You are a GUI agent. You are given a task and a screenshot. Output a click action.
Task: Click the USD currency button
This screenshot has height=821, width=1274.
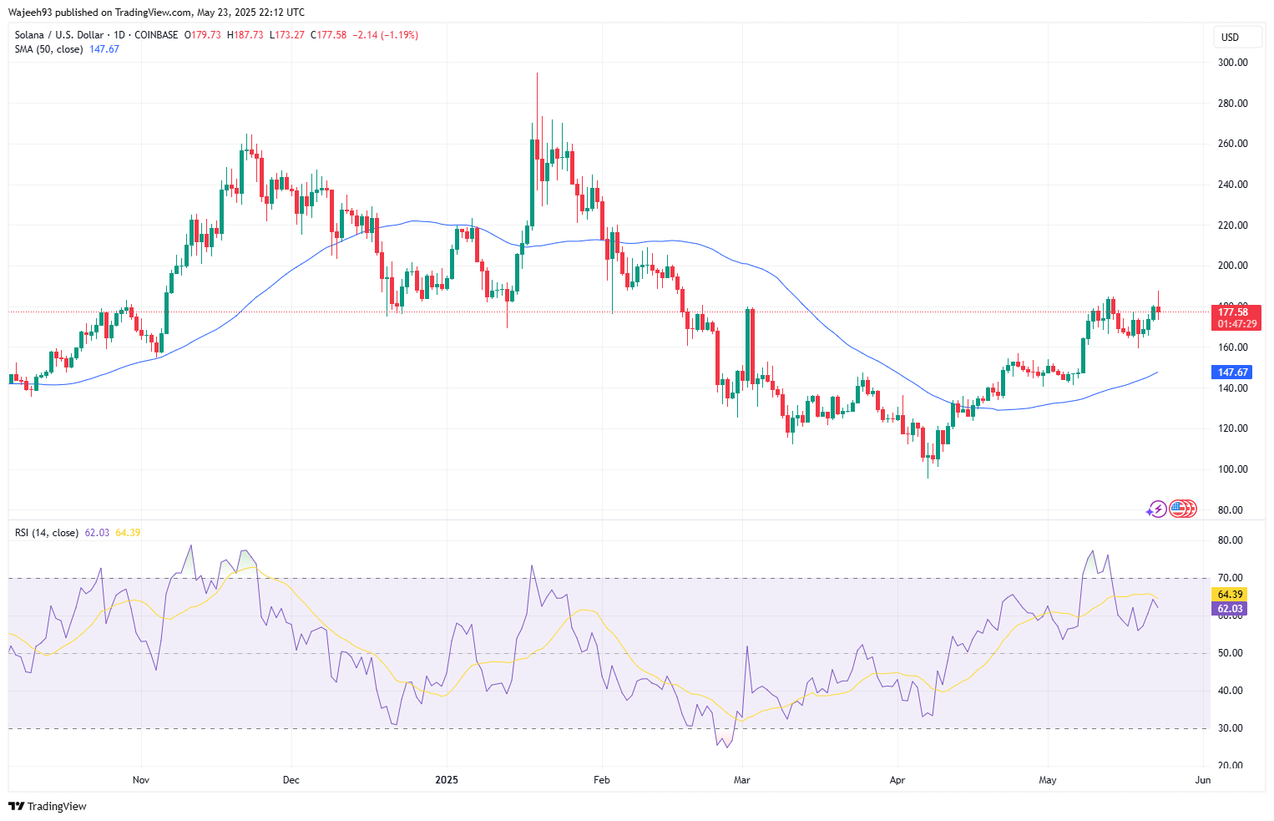click(x=1230, y=37)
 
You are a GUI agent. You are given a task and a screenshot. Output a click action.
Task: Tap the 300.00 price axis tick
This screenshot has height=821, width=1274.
click(x=1233, y=63)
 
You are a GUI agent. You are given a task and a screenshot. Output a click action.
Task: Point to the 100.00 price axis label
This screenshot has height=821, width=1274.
click(x=1233, y=469)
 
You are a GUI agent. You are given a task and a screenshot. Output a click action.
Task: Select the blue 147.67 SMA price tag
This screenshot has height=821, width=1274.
click(x=1232, y=372)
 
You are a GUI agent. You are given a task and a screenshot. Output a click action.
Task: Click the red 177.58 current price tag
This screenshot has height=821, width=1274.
click(x=1233, y=312)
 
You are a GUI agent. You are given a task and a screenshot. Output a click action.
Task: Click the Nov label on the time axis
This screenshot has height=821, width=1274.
click(x=141, y=780)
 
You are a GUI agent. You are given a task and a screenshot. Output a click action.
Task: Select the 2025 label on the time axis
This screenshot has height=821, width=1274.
click(x=447, y=780)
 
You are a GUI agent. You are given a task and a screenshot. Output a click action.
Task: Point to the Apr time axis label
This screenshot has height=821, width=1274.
click(x=897, y=780)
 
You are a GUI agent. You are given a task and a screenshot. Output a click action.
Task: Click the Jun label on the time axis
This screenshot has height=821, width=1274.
click(x=1203, y=780)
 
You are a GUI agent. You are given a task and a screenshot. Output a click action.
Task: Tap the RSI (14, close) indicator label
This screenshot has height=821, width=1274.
click(x=47, y=533)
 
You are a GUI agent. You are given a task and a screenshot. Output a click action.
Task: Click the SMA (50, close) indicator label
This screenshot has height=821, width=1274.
click(x=49, y=49)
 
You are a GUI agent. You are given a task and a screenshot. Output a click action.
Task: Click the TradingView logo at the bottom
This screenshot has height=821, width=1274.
click(x=48, y=806)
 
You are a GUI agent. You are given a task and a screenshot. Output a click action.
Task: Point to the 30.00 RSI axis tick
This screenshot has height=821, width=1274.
click(x=1230, y=728)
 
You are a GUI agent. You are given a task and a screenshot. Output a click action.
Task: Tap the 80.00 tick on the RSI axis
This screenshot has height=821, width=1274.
click(x=1230, y=540)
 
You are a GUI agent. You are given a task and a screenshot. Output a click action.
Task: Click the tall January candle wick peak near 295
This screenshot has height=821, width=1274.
click(x=537, y=74)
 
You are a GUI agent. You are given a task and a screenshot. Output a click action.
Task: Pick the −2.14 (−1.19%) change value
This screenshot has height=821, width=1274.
click(x=385, y=35)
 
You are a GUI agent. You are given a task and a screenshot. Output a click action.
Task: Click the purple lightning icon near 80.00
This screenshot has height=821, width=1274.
click(x=1155, y=509)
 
